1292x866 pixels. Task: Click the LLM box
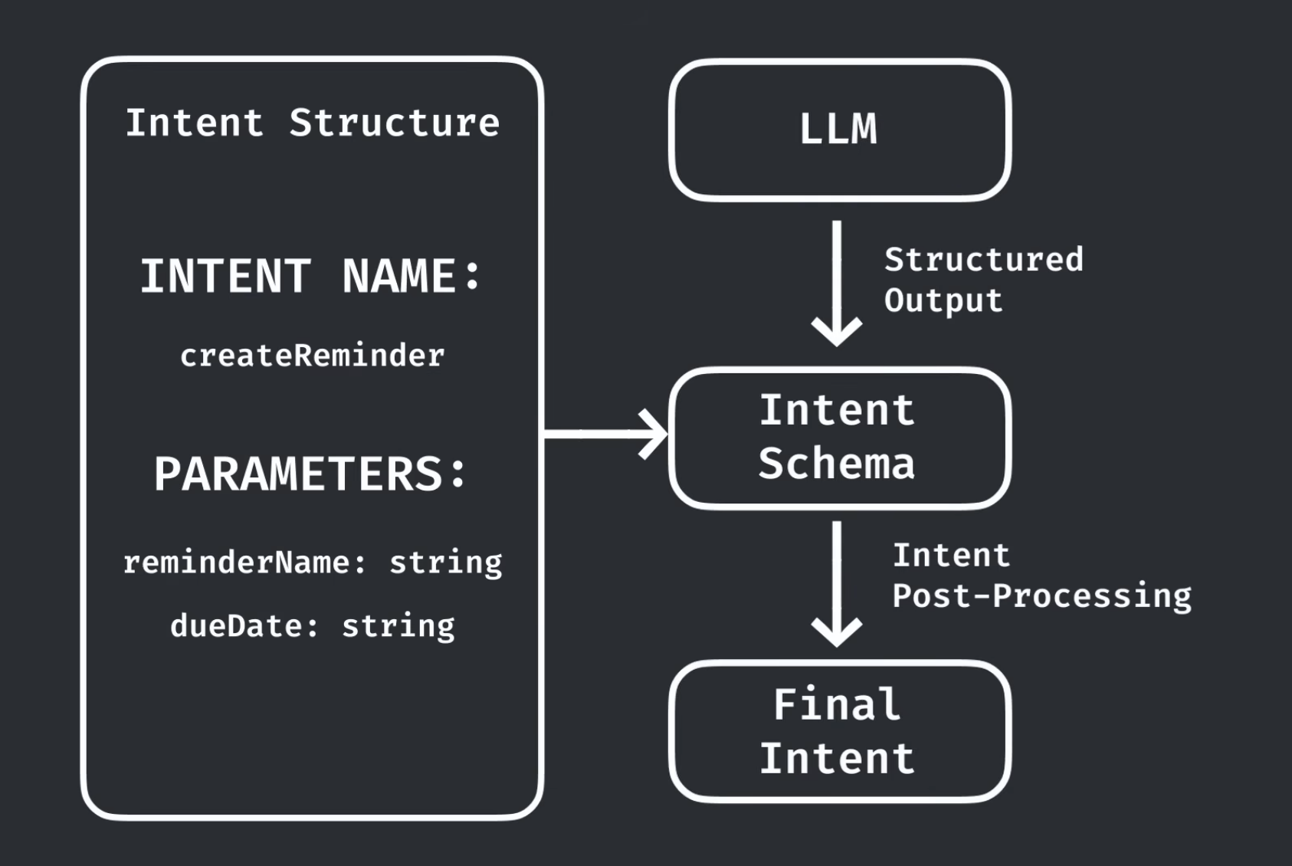(839, 130)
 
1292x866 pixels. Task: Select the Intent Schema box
(839, 438)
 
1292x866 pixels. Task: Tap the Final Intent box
(839, 732)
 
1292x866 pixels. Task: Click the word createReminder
(312, 356)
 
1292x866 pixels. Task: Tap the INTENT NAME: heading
(310, 276)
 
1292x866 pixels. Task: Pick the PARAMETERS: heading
(310, 474)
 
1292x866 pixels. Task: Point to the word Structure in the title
(394, 123)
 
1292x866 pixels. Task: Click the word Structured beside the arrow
(984, 260)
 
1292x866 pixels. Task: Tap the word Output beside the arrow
(943, 300)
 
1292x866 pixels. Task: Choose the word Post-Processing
(1042, 595)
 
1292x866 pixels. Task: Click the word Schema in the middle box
(837, 464)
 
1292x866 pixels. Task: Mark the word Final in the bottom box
(837, 704)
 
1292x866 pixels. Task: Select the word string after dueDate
(398, 626)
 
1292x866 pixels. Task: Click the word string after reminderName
(446, 563)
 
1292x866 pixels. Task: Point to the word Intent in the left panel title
(195, 123)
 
